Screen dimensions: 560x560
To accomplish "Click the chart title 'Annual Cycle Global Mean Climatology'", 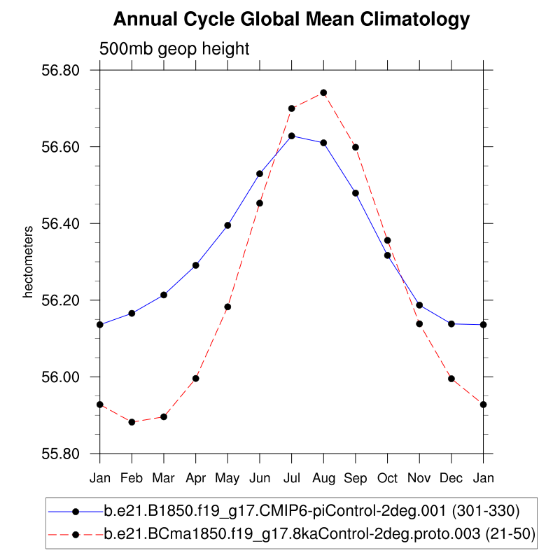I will (291, 20).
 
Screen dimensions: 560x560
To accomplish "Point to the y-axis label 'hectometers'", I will (29, 262).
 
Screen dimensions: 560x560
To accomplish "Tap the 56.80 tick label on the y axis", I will (62, 71).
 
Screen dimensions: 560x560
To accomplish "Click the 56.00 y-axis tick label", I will (62, 377).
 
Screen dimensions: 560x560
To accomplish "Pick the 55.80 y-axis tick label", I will (62, 454).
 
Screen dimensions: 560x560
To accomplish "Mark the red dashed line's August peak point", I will (323, 92).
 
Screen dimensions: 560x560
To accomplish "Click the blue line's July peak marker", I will (291, 136).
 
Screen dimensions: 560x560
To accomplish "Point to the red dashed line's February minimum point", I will (132, 422).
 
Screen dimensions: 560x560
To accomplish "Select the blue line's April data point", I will (196, 265).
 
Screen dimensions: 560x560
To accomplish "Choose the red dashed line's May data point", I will (227, 307).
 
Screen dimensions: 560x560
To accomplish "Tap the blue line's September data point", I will (356, 193).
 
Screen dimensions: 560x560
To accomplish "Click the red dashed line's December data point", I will (451, 379).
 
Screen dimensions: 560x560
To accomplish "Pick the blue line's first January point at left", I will (100, 325).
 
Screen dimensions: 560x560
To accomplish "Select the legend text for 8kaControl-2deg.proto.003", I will (319, 534).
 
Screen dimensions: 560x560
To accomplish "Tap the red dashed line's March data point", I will (164, 416).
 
